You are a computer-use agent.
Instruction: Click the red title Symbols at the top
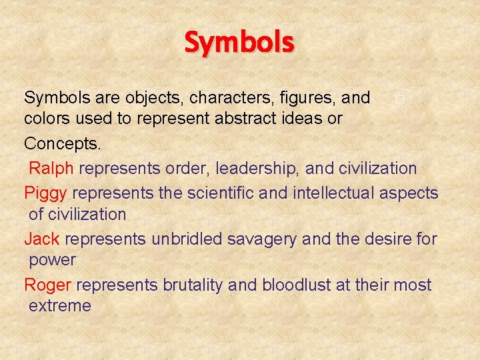click(239, 43)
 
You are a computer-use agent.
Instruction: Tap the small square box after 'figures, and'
click(398, 100)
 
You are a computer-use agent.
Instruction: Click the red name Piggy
click(45, 193)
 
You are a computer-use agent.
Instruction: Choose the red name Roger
click(47, 285)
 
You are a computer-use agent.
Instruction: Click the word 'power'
click(52, 260)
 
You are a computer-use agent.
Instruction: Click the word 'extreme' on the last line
click(59, 306)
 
